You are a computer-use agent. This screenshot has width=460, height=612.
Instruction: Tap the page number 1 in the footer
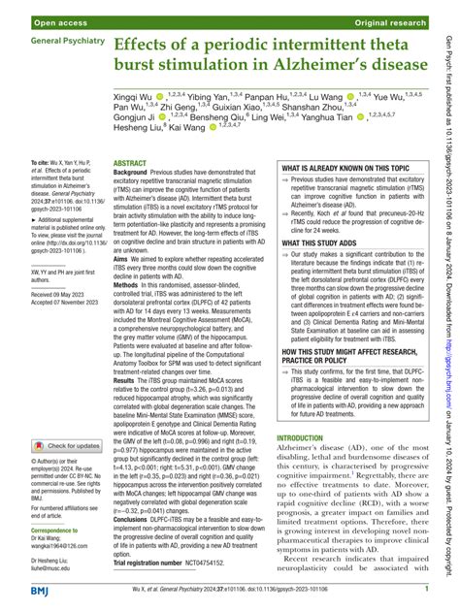coord(427,588)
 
